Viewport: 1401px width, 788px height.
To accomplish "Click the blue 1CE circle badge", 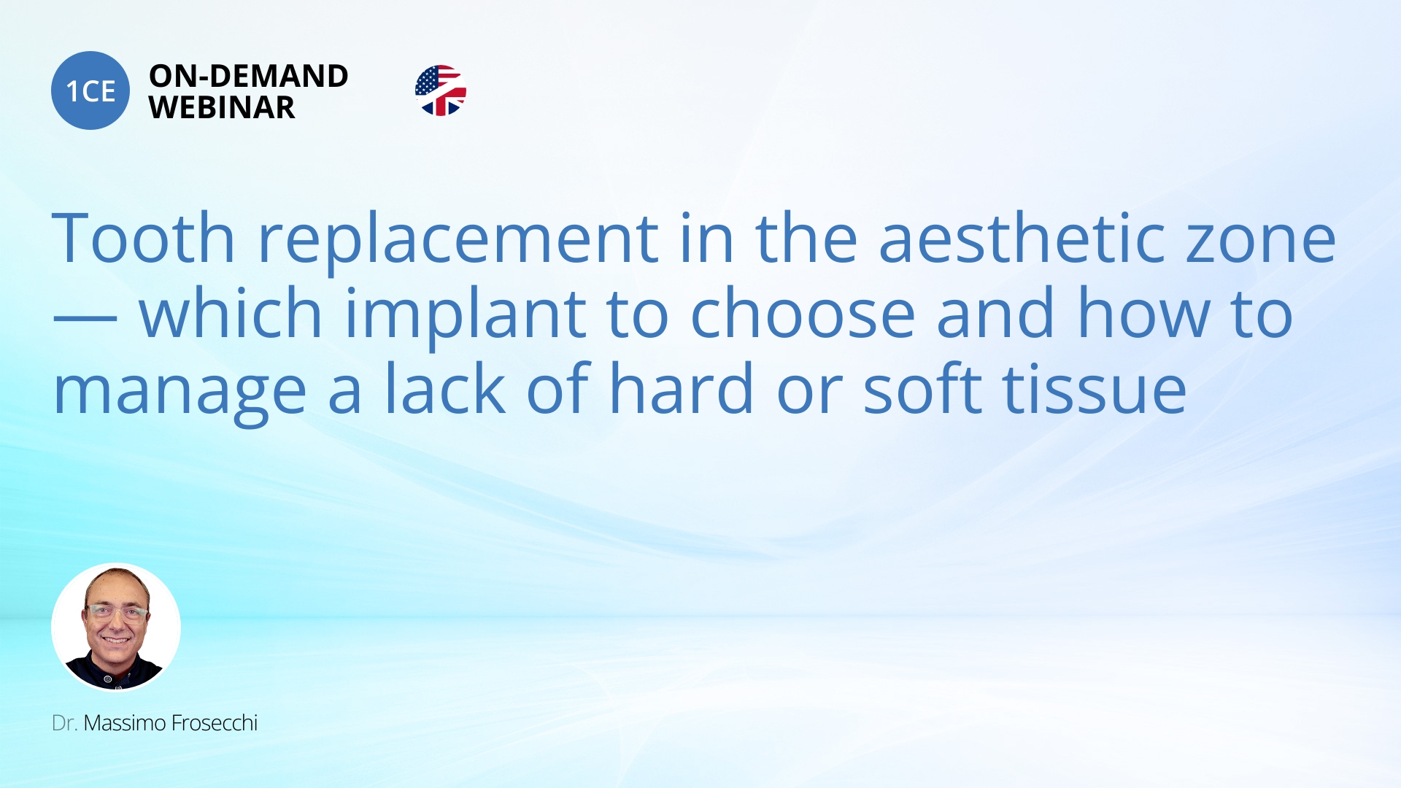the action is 90,90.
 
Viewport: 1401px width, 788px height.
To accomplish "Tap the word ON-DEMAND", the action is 249,76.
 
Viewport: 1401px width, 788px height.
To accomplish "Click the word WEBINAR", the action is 222,107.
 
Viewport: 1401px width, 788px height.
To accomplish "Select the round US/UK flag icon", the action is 441,90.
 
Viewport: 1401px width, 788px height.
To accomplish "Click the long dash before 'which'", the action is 85,318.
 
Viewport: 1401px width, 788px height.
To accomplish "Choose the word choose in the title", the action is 803,313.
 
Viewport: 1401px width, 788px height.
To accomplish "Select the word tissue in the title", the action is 1095,389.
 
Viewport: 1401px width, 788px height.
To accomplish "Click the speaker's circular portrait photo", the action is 116,627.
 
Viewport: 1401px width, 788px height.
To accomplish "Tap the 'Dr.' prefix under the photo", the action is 64,723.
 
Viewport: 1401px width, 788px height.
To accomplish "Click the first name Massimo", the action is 125,723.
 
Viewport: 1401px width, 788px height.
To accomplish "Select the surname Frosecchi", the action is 215,723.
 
